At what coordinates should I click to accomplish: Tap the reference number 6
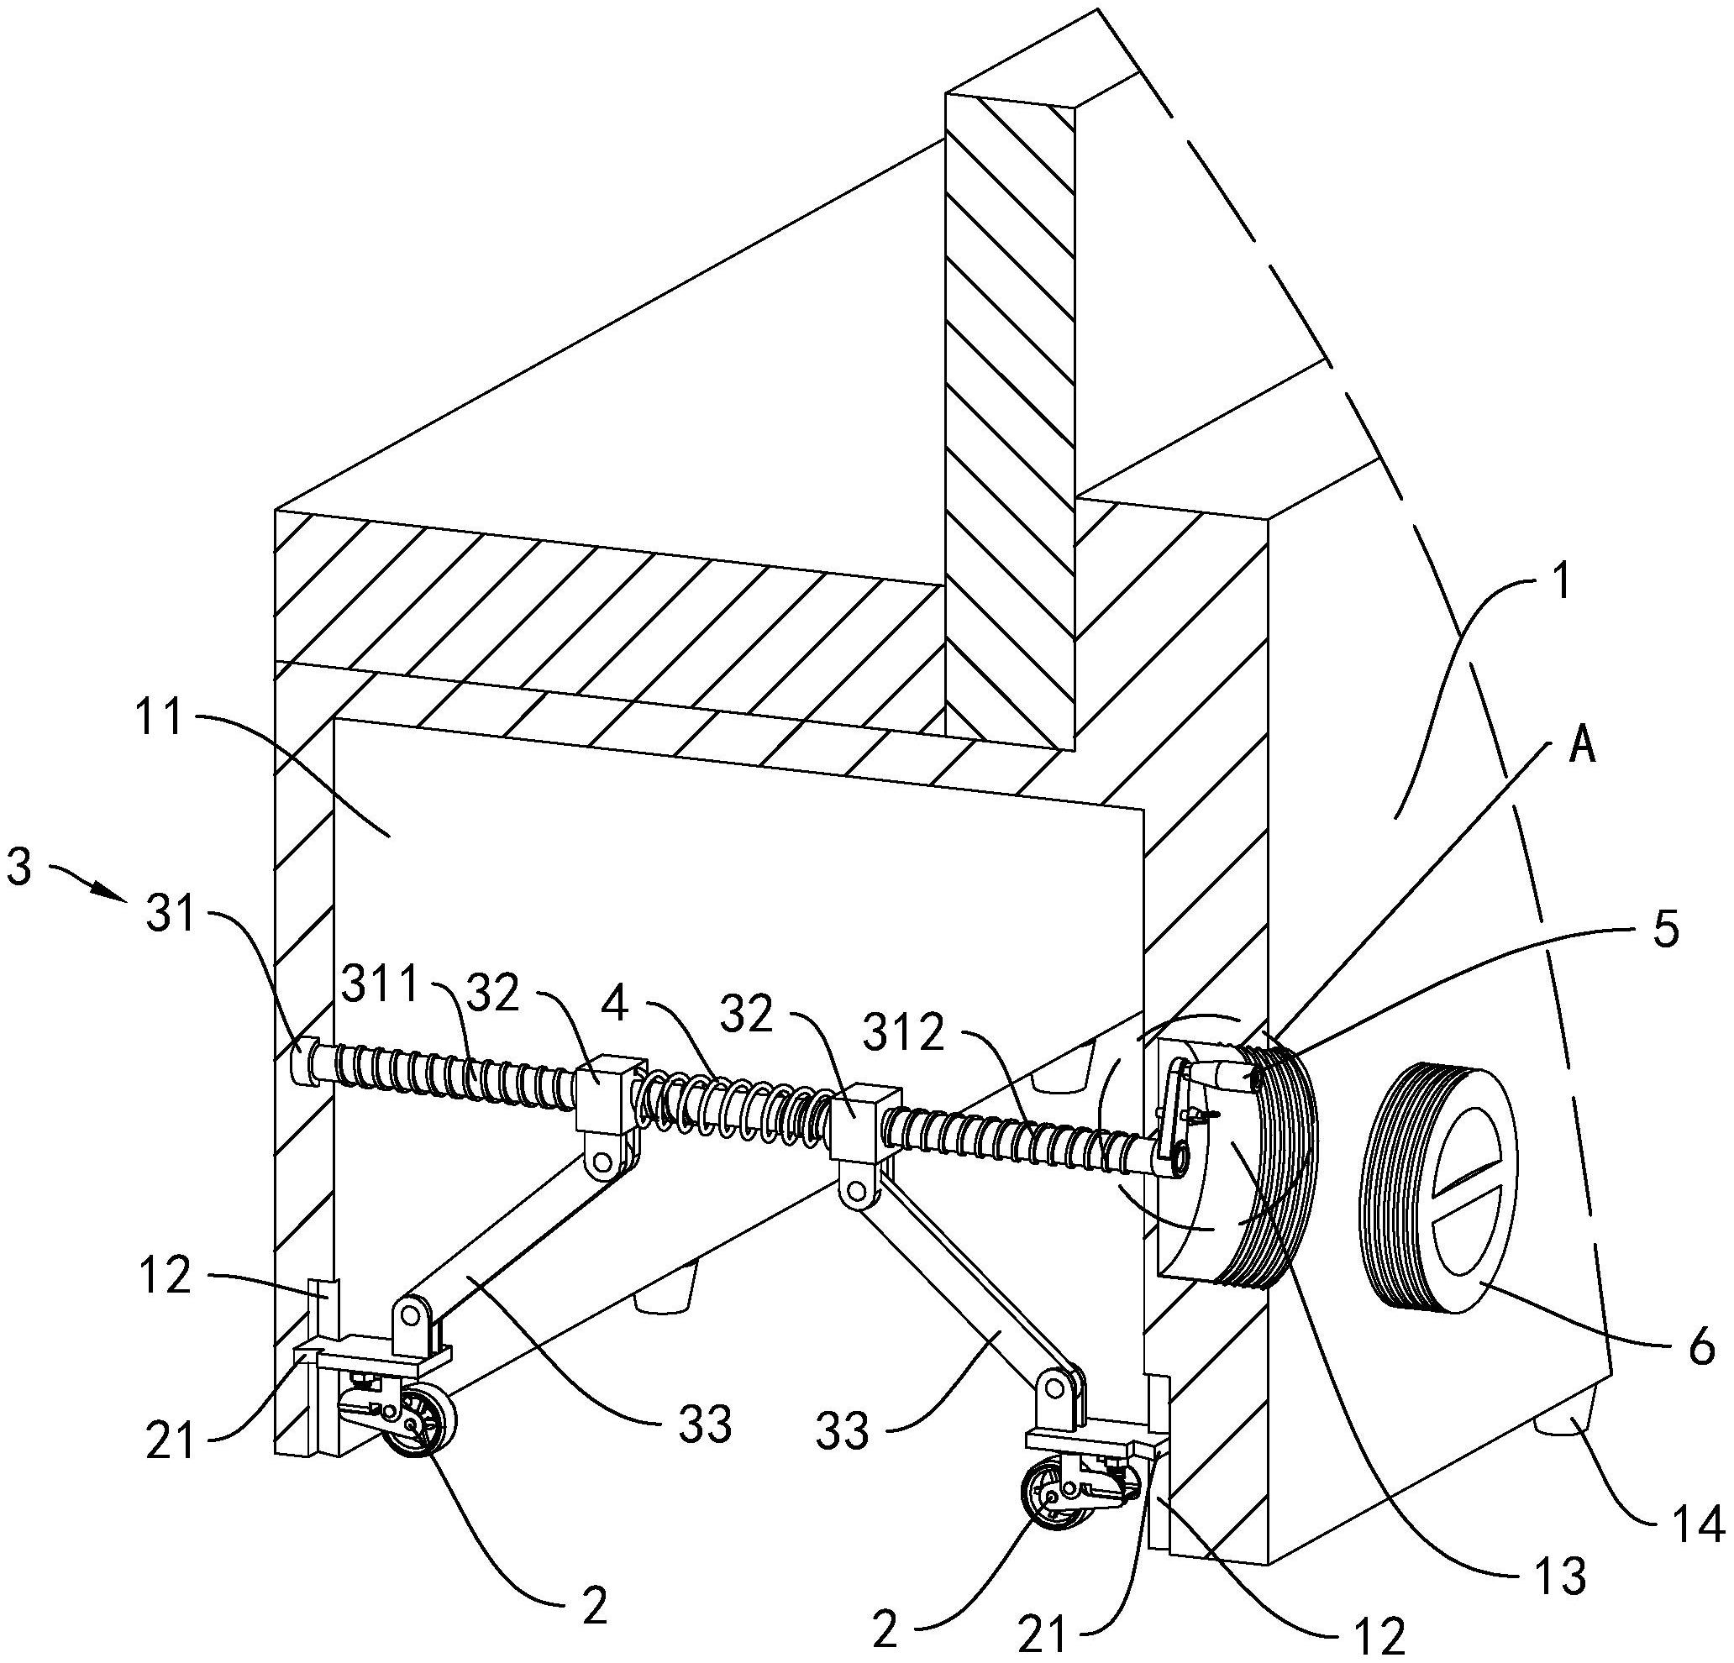coord(1700,1348)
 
